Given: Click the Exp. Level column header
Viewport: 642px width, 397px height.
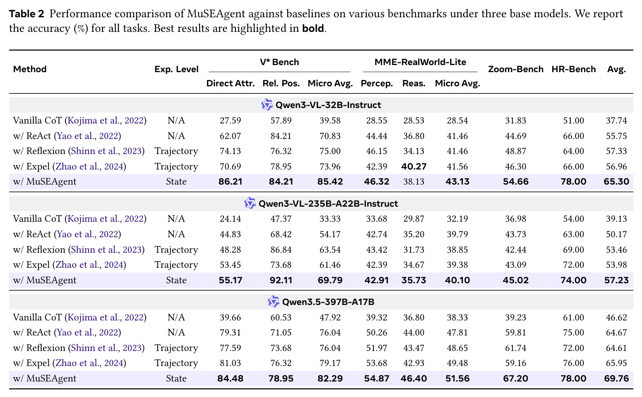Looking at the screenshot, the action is click(176, 69).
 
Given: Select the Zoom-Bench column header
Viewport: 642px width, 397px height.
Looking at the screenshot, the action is click(515, 69).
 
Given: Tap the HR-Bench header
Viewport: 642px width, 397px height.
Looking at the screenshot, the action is click(573, 69).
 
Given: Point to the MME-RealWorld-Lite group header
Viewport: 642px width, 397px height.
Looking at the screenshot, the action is click(420, 62).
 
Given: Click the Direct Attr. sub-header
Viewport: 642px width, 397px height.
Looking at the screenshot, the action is click(231, 83).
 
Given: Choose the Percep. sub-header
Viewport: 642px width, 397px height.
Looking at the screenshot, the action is click(377, 83).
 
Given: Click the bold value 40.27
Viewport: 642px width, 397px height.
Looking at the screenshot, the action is click(414, 166).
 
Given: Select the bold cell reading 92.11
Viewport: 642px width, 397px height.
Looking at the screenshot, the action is click(281, 280).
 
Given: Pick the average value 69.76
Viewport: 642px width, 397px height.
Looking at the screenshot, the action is click(616, 378).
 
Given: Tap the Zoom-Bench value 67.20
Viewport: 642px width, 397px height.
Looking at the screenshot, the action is click(515, 378).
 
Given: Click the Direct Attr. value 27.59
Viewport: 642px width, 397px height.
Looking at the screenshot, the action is click(231, 120).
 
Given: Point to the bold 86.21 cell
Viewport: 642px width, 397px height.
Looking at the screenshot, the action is click(231, 181).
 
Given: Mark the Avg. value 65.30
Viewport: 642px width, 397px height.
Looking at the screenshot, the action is click(616, 181).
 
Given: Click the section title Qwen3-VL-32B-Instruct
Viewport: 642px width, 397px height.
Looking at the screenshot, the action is click(328, 105).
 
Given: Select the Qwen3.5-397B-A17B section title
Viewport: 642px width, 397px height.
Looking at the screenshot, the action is click(328, 302).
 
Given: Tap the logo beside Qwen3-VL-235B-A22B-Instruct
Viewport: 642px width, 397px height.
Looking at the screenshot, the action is click(250, 203).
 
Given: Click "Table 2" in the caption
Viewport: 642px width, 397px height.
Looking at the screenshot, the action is click(27, 14).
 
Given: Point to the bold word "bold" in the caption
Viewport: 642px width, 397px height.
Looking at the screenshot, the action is click(313, 28).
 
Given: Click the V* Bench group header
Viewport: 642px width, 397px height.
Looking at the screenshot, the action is click(280, 62).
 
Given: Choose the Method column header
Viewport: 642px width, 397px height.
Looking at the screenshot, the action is click(30, 69).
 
